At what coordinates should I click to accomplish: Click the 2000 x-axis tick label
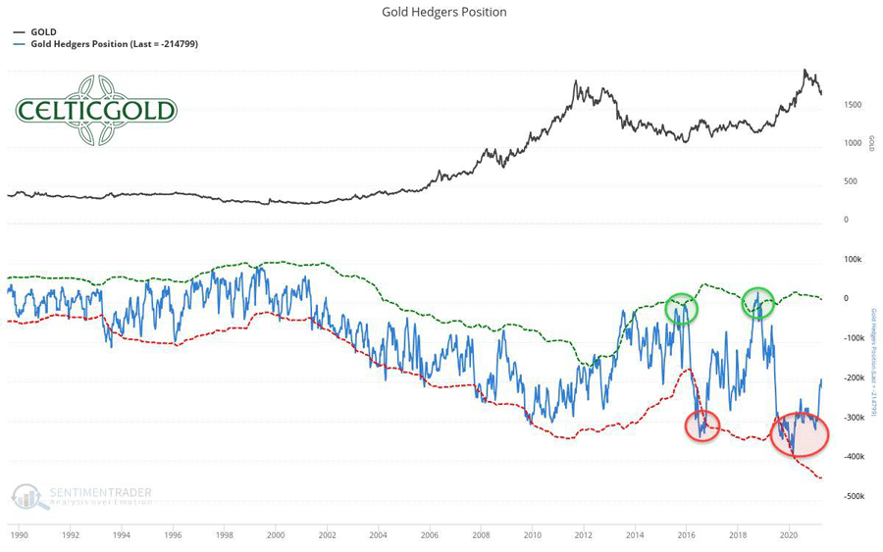tap(276, 535)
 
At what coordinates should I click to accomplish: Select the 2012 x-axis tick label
tap(584, 535)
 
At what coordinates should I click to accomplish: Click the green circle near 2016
tap(681, 310)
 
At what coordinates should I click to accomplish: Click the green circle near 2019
tap(757, 303)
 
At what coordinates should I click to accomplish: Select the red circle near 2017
tap(702, 426)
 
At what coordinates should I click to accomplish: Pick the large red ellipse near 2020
tap(799, 434)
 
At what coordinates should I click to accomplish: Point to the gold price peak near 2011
tap(575, 83)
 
